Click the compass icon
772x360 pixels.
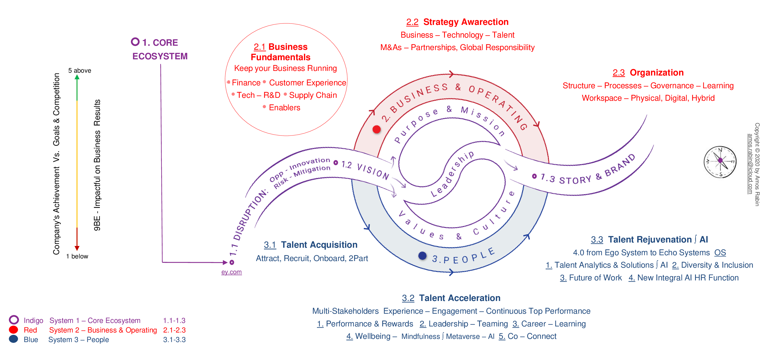click(x=720, y=162)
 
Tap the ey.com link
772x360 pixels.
click(x=231, y=272)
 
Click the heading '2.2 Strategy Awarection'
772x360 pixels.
click(x=457, y=22)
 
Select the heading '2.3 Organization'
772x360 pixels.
click(x=648, y=72)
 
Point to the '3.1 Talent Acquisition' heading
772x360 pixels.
click(x=311, y=245)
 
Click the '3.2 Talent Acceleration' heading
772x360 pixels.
click(x=451, y=298)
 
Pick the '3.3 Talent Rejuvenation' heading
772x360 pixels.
click(x=649, y=239)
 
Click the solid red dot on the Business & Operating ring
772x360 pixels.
click(x=377, y=129)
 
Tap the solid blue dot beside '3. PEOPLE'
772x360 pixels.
click(x=422, y=256)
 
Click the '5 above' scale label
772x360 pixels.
click(x=79, y=71)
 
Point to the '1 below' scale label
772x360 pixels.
click(x=77, y=256)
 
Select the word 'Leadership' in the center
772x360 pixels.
click(x=452, y=174)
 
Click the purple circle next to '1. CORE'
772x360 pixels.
click(x=135, y=42)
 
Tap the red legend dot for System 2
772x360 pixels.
click(x=14, y=330)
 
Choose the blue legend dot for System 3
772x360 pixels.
click(x=14, y=339)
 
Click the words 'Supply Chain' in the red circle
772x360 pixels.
click(x=313, y=95)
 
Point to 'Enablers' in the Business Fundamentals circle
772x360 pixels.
click(x=285, y=108)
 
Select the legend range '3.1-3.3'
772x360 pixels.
click(x=174, y=340)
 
